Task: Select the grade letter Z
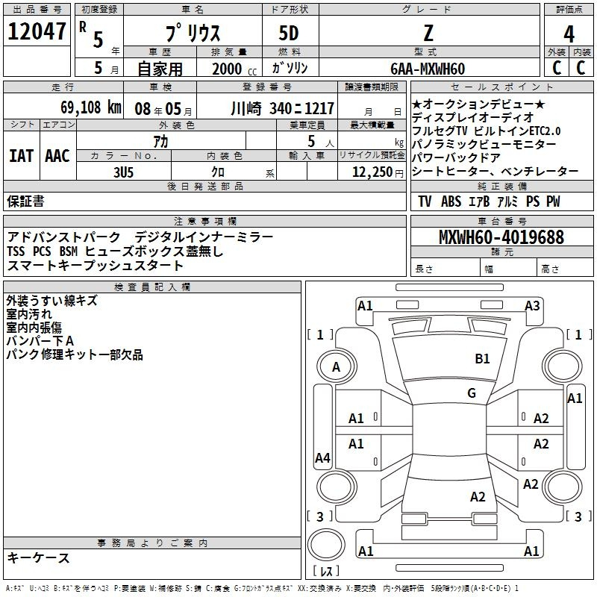[x=428, y=34]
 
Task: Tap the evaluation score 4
[x=569, y=34]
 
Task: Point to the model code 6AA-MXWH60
[x=428, y=69]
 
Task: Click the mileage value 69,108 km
[x=81, y=107]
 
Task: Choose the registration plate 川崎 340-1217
[x=282, y=107]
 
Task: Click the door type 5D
[x=289, y=34]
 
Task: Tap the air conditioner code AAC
[x=57, y=156]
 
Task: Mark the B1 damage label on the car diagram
[x=482, y=359]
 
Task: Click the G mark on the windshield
[x=471, y=393]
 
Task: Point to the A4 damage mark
[x=322, y=457]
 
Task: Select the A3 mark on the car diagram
[x=532, y=305]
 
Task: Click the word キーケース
[x=39, y=558]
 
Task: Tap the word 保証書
[x=25, y=201]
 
